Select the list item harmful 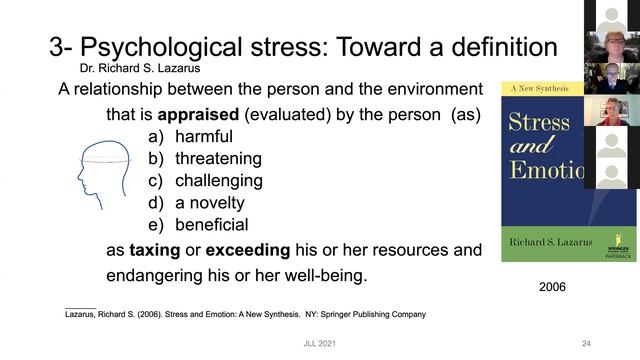pos(203,136)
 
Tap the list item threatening pos(218,158)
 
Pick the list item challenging pos(218,181)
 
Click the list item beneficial pos(211,225)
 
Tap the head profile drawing pos(105,180)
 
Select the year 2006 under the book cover pos(551,287)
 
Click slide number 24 pos(587,344)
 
